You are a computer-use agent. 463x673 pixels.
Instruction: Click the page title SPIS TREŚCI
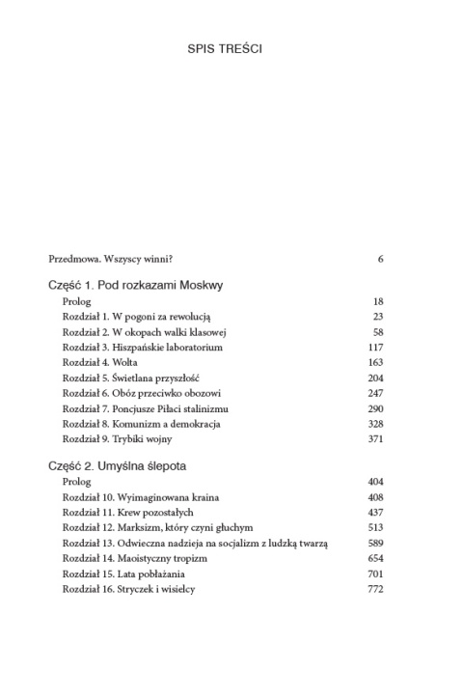(x=231, y=47)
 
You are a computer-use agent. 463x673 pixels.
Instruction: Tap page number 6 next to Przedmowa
(x=381, y=259)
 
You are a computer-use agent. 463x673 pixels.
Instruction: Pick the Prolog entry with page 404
(x=76, y=481)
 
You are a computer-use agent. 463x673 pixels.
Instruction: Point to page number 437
(x=376, y=512)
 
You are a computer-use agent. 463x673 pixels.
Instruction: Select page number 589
(x=376, y=544)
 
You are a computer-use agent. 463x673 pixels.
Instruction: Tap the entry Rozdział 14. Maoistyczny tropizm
(x=131, y=559)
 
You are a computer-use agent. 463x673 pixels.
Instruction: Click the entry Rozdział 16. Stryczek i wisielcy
(x=129, y=590)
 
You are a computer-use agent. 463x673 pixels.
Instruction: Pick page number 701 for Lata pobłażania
(x=376, y=575)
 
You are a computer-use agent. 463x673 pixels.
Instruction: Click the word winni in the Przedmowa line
(x=160, y=259)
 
